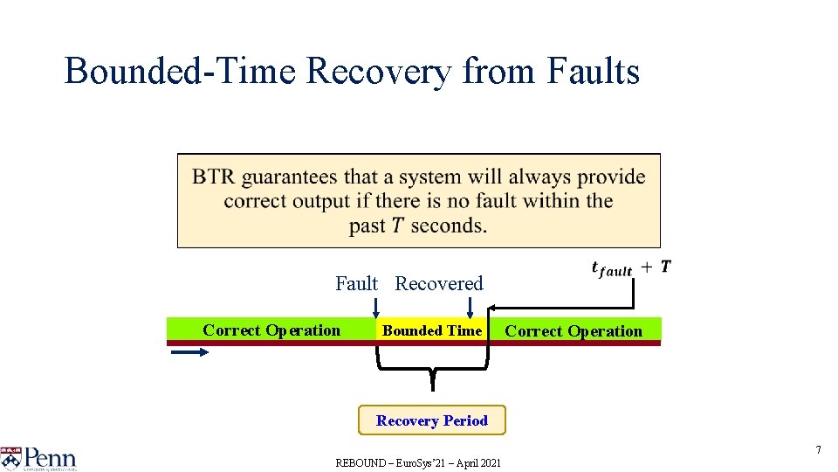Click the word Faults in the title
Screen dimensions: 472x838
(x=593, y=72)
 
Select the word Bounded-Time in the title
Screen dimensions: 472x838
(x=181, y=72)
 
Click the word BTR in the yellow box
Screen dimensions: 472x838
(x=213, y=177)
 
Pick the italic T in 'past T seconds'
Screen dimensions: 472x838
(x=397, y=226)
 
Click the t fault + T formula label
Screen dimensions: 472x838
(x=630, y=268)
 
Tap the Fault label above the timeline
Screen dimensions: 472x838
(x=356, y=283)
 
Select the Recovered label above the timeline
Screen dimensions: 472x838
(x=439, y=283)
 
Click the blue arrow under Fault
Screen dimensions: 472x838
(x=376, y=307)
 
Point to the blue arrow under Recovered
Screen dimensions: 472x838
(x=470, y=307)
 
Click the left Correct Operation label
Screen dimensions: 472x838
(x=271, y=330)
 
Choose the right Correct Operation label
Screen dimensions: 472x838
(x=574, y=331)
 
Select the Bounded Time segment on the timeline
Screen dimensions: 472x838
(x=431, y=330)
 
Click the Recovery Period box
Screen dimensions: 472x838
(x=432, y=420)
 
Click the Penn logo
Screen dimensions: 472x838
(x=39, y=458)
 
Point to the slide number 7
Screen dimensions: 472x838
(x=818, y=449)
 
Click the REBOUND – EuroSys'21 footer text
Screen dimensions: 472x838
(x=418, y=462)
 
